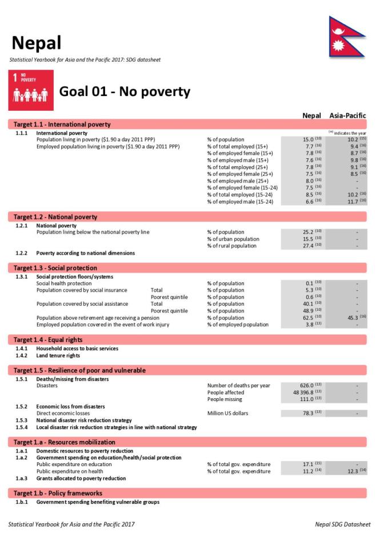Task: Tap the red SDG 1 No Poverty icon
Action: (31, 90)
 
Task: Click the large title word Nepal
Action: (36, 42)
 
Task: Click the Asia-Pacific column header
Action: (347, 115)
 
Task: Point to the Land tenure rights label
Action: (58, 355)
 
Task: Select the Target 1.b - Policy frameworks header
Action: (58, 493)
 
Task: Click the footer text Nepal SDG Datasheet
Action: (342, 524)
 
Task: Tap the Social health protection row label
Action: (64, 283)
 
